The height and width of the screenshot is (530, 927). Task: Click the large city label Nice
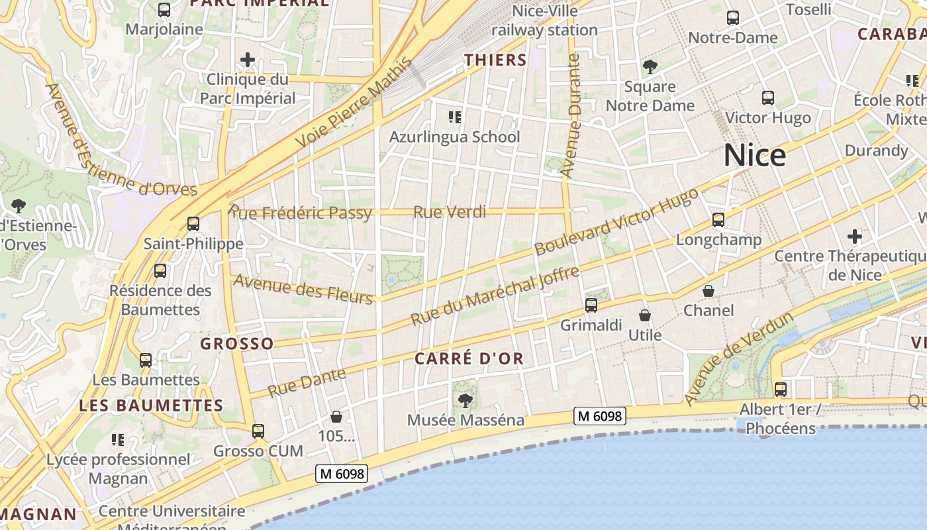(x=754, y=156)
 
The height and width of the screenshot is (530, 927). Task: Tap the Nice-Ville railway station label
(x=544, y=21)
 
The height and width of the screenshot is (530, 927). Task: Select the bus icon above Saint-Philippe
(x=193, y=224)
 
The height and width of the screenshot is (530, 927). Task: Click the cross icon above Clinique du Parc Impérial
(x=247, y=60)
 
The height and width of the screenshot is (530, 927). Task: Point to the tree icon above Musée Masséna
(x=465, y=400)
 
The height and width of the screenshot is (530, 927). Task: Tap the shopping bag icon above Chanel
(x=708, y=291)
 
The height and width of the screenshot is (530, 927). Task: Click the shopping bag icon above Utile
(x=645, y=315)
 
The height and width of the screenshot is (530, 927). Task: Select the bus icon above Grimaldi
(x=591, y=305)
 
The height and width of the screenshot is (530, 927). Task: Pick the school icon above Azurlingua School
(x=454, y=117)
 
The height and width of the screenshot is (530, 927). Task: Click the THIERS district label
(x=495, y=60)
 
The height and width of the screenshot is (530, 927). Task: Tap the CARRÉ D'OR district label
(x=469, y=359)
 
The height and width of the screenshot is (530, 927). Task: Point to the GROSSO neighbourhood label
(x=236, y=343)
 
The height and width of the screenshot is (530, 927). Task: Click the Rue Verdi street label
(x=450, y=212)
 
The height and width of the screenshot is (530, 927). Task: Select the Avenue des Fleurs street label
(x=303, y=288)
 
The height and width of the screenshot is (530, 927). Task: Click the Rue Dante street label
(x=307, y=383)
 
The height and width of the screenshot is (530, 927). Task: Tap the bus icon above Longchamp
(x=718, y=220)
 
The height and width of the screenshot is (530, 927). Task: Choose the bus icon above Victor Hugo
(x=768, y=98)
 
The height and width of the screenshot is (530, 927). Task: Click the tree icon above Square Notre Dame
(x=650, y=66)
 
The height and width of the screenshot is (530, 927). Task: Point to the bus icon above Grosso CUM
(x=258, y=431)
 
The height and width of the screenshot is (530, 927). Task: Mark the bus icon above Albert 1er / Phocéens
(x=781, y=390)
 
